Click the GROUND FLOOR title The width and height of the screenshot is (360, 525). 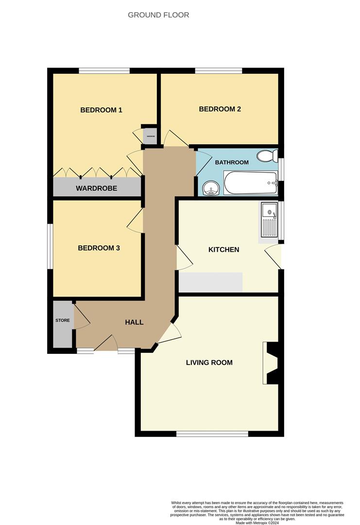pos(158,15)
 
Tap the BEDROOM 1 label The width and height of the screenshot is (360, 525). pos(101,110)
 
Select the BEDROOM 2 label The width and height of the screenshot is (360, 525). pos(220,109)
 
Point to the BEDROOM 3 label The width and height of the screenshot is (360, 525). pos(99,248)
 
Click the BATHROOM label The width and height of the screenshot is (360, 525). pos(232,162)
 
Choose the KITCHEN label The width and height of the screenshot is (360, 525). pos(223,249)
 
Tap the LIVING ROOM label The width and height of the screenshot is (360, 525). pos(209,362)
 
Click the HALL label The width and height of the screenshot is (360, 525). pos(134,322)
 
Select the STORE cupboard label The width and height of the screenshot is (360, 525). pos(62,320)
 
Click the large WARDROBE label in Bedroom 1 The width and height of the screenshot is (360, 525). pos(96,188)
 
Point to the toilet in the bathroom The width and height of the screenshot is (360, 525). pos(267,156)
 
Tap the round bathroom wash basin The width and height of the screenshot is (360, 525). pos(210,188)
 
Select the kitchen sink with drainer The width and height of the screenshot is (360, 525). pos(269,221)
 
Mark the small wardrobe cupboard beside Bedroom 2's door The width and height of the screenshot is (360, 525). pos(150,136)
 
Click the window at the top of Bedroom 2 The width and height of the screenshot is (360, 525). pos(219,71)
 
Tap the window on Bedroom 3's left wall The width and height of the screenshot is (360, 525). pos(50,246)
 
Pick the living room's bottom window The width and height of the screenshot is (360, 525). pos(212,433)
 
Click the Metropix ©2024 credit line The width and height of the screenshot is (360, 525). pos(257,523)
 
